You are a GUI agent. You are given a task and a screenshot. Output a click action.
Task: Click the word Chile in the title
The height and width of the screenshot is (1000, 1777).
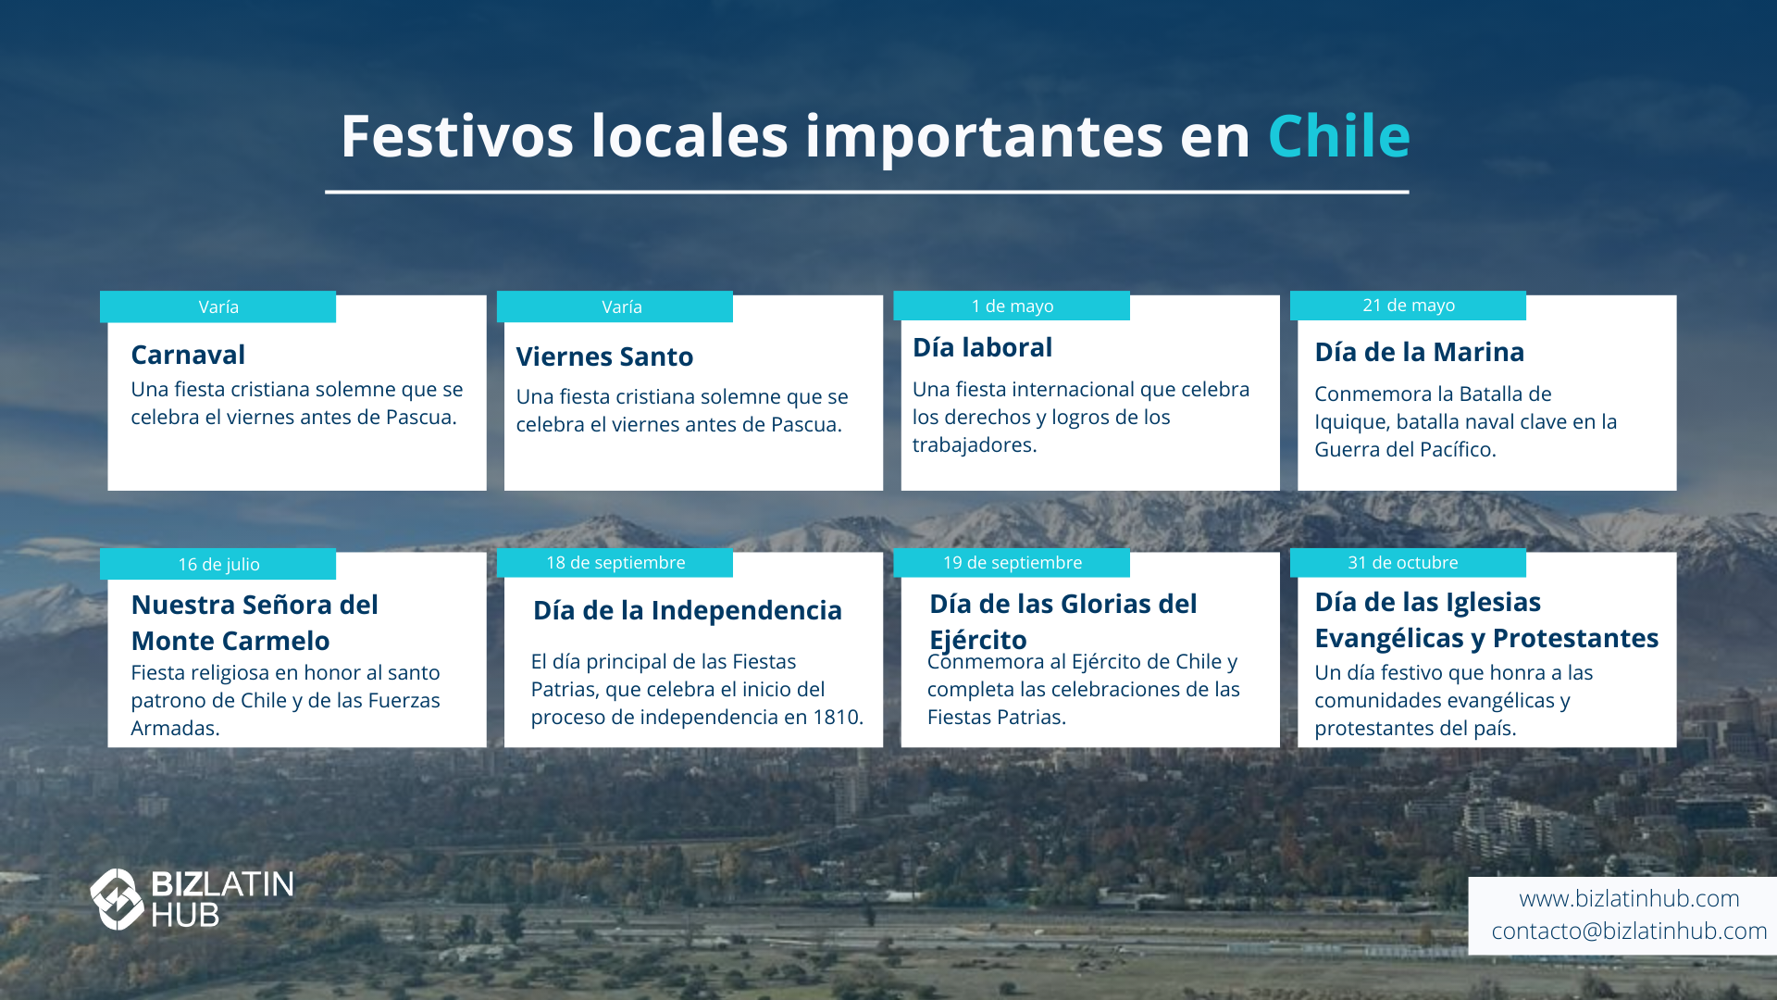(1339, 136)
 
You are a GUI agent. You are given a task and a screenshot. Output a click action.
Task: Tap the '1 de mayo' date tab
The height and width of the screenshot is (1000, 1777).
(1012, 306)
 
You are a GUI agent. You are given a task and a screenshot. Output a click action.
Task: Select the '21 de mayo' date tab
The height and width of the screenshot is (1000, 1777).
(1408, 306)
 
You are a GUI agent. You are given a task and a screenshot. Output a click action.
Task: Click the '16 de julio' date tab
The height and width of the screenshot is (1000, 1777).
(218, 564)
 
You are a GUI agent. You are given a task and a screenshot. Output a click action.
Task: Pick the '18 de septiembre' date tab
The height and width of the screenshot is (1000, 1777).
(615, 563)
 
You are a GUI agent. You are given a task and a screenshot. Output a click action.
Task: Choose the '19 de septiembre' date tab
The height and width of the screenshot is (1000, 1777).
(1012, 563)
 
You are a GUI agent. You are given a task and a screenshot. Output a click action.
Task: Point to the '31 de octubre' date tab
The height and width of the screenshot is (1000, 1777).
(1408, 563)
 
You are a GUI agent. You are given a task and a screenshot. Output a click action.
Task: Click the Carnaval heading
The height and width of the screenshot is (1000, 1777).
(188, 355)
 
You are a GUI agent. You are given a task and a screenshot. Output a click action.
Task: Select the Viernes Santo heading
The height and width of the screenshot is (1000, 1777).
(604, 356)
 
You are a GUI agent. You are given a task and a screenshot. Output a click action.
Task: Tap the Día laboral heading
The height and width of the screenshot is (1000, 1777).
(982, 347)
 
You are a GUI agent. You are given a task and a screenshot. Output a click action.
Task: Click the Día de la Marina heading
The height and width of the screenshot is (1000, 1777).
(1419, 352)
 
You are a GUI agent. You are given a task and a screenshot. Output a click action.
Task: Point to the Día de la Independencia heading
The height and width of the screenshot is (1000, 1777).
(688, 610)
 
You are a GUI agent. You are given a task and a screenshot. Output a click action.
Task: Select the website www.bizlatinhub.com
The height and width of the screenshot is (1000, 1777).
(1629, 898)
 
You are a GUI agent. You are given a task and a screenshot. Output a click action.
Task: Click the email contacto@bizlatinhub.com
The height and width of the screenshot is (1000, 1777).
(1629, 931)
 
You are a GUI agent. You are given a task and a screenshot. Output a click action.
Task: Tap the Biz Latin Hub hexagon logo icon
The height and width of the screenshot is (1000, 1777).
(117, 899)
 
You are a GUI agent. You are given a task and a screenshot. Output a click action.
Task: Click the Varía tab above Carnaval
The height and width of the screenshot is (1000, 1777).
(218, 306)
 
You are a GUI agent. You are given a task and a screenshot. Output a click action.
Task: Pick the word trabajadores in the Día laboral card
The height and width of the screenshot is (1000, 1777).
(975, 445)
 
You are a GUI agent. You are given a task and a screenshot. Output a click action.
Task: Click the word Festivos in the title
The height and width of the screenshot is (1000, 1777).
(457, 136)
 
